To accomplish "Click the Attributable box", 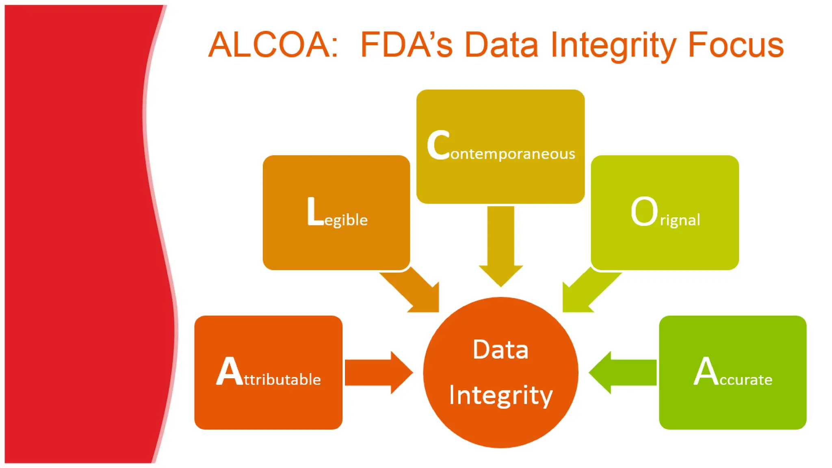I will [x=268, y=372].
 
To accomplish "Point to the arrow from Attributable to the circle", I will [x=378, y=372].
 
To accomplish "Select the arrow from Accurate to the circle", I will [x=624, y=372].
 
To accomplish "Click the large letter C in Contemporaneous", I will [x=438, y=145].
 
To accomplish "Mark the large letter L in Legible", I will [x=315, y=211].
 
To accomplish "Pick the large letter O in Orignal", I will [x=644, y=211].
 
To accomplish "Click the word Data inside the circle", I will [x=500, y=349].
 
